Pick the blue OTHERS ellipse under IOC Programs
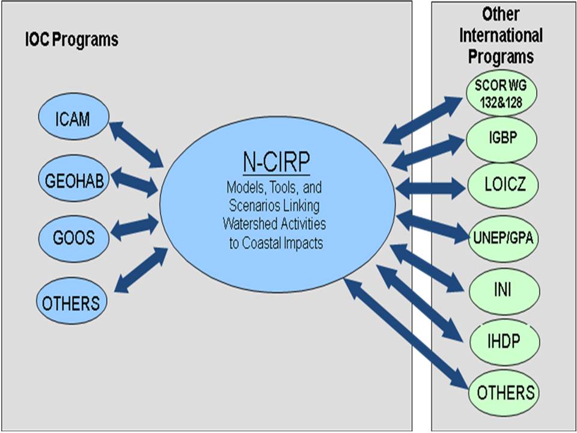pyautogui.click(x=72, y=302)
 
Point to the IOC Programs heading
pyautogui.click(x=72, y=40)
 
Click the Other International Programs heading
pyautogui.click(x=501, y=36)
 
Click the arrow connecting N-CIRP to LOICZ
pyautogui.click(x=430, y=187)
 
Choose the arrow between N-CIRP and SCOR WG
pyautogui.click(x=425, y=121)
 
